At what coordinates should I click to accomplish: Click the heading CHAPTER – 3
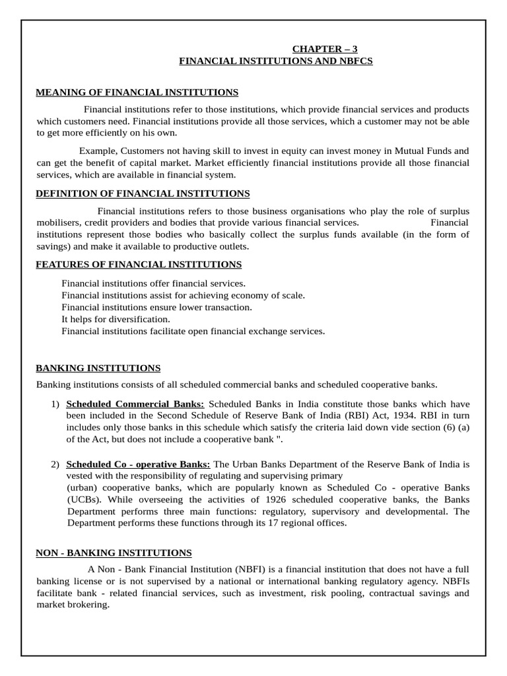pyautogui.click(x=325, y=49)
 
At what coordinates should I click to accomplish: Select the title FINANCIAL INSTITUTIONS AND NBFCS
pyautogui.click(x=277, y=61)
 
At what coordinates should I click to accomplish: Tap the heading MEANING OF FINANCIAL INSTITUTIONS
pyautogui.click(x=137, y=92)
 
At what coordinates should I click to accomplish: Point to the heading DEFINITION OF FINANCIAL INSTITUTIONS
pyautogui.click(x=143, y=193)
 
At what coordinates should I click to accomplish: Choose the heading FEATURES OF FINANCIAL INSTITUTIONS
pyautogui.click(x=139, y=264)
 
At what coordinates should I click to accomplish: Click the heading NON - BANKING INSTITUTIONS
pyautogui.click(x=114, y=553)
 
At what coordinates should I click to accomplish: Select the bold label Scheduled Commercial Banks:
pyautogui.click(x=136, y=403)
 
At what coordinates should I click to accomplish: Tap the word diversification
pyautogui.click(x=125, y=319)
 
